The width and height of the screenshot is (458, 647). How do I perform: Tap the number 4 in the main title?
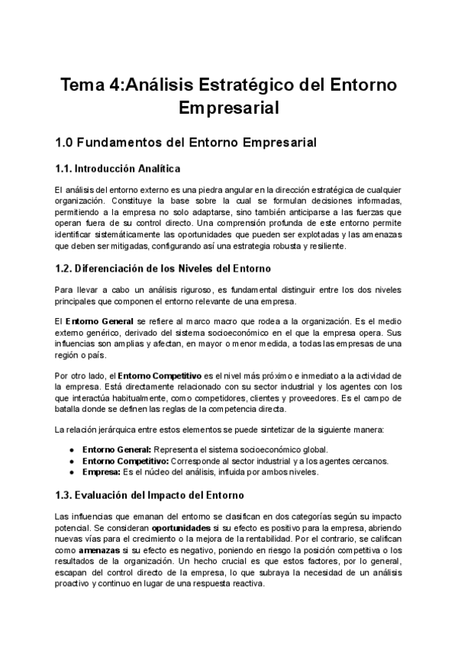114,85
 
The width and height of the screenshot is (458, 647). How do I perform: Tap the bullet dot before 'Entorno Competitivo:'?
73,460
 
